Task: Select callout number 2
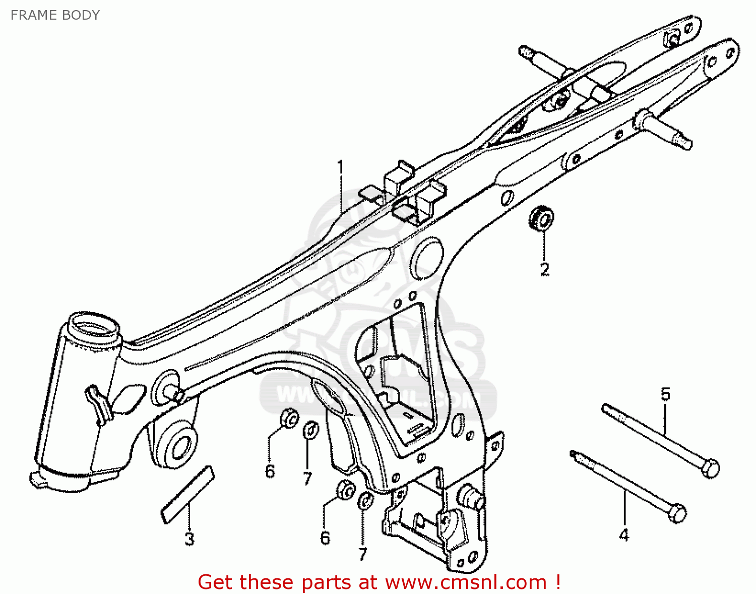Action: (x=544, y=269)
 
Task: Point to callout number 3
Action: (x=189, y=539)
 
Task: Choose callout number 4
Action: (x=624, y=534)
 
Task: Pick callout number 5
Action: (x=666, y=394)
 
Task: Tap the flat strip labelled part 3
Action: (x=187, y=494)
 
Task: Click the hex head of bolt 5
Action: (x=711, y=468)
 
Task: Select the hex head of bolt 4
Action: (x=678, y=514)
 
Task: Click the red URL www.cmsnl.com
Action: (x=466, y=582)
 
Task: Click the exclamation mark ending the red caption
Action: (x=557, y=582)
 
